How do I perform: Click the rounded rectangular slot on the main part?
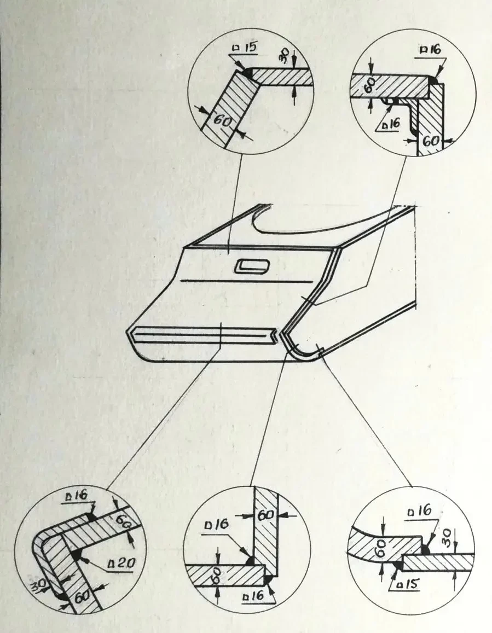pyautogui.click(x=252, y=266)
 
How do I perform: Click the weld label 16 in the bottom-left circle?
pyautogui.click(x=76, y=496)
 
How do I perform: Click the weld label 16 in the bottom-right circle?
pyautogui.click(x=420, y=511)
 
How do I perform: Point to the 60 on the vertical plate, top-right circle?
pyautogui.click(x=431, y=141)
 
